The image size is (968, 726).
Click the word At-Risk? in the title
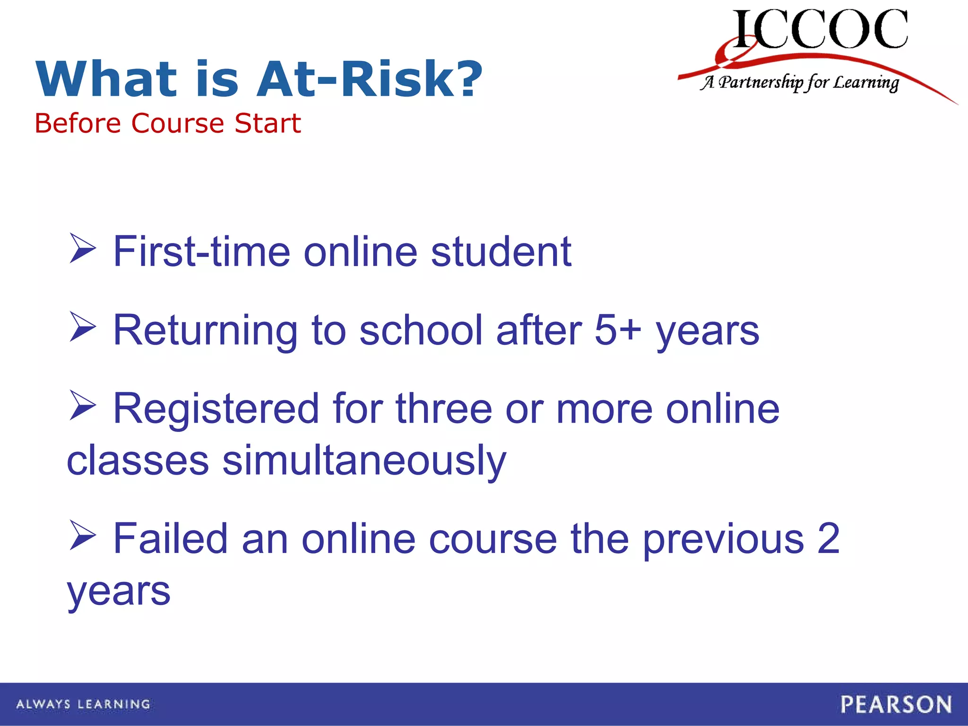tap(369, 79)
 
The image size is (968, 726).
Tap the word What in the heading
tap(106, 79)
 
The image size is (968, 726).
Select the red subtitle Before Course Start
tap(168, 123)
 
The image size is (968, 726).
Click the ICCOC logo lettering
tap(820, 29)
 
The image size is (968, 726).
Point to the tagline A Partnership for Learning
tap(799, 83)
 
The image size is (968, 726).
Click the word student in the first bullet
tap(501, 251)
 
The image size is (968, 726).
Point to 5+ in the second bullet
tap(617, 330)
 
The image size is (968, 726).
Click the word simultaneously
tap(364, 460)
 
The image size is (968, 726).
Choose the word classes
tap(138, 460)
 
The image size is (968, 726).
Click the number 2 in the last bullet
tap(828, 538)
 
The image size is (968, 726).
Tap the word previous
tap(724, 538)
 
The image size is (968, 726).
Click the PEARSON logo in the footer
tap(896, 704)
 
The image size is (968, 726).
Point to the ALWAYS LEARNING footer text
tap(83, 704)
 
